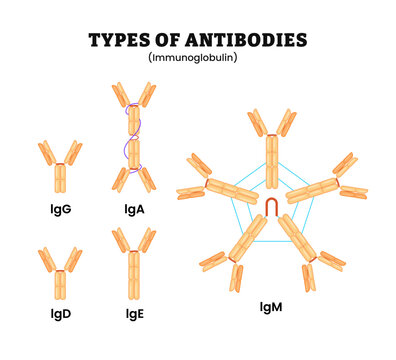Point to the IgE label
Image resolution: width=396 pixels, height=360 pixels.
(x=134, y=313)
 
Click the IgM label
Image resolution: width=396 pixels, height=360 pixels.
(x=272, y=307)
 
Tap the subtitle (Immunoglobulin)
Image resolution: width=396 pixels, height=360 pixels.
(x=198, y=59)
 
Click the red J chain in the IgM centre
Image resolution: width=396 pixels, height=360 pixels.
(x=271, y=207)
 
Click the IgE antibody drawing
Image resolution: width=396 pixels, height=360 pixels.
(x=134, y=264)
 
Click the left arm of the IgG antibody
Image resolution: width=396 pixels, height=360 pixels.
(x=46, y=151)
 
